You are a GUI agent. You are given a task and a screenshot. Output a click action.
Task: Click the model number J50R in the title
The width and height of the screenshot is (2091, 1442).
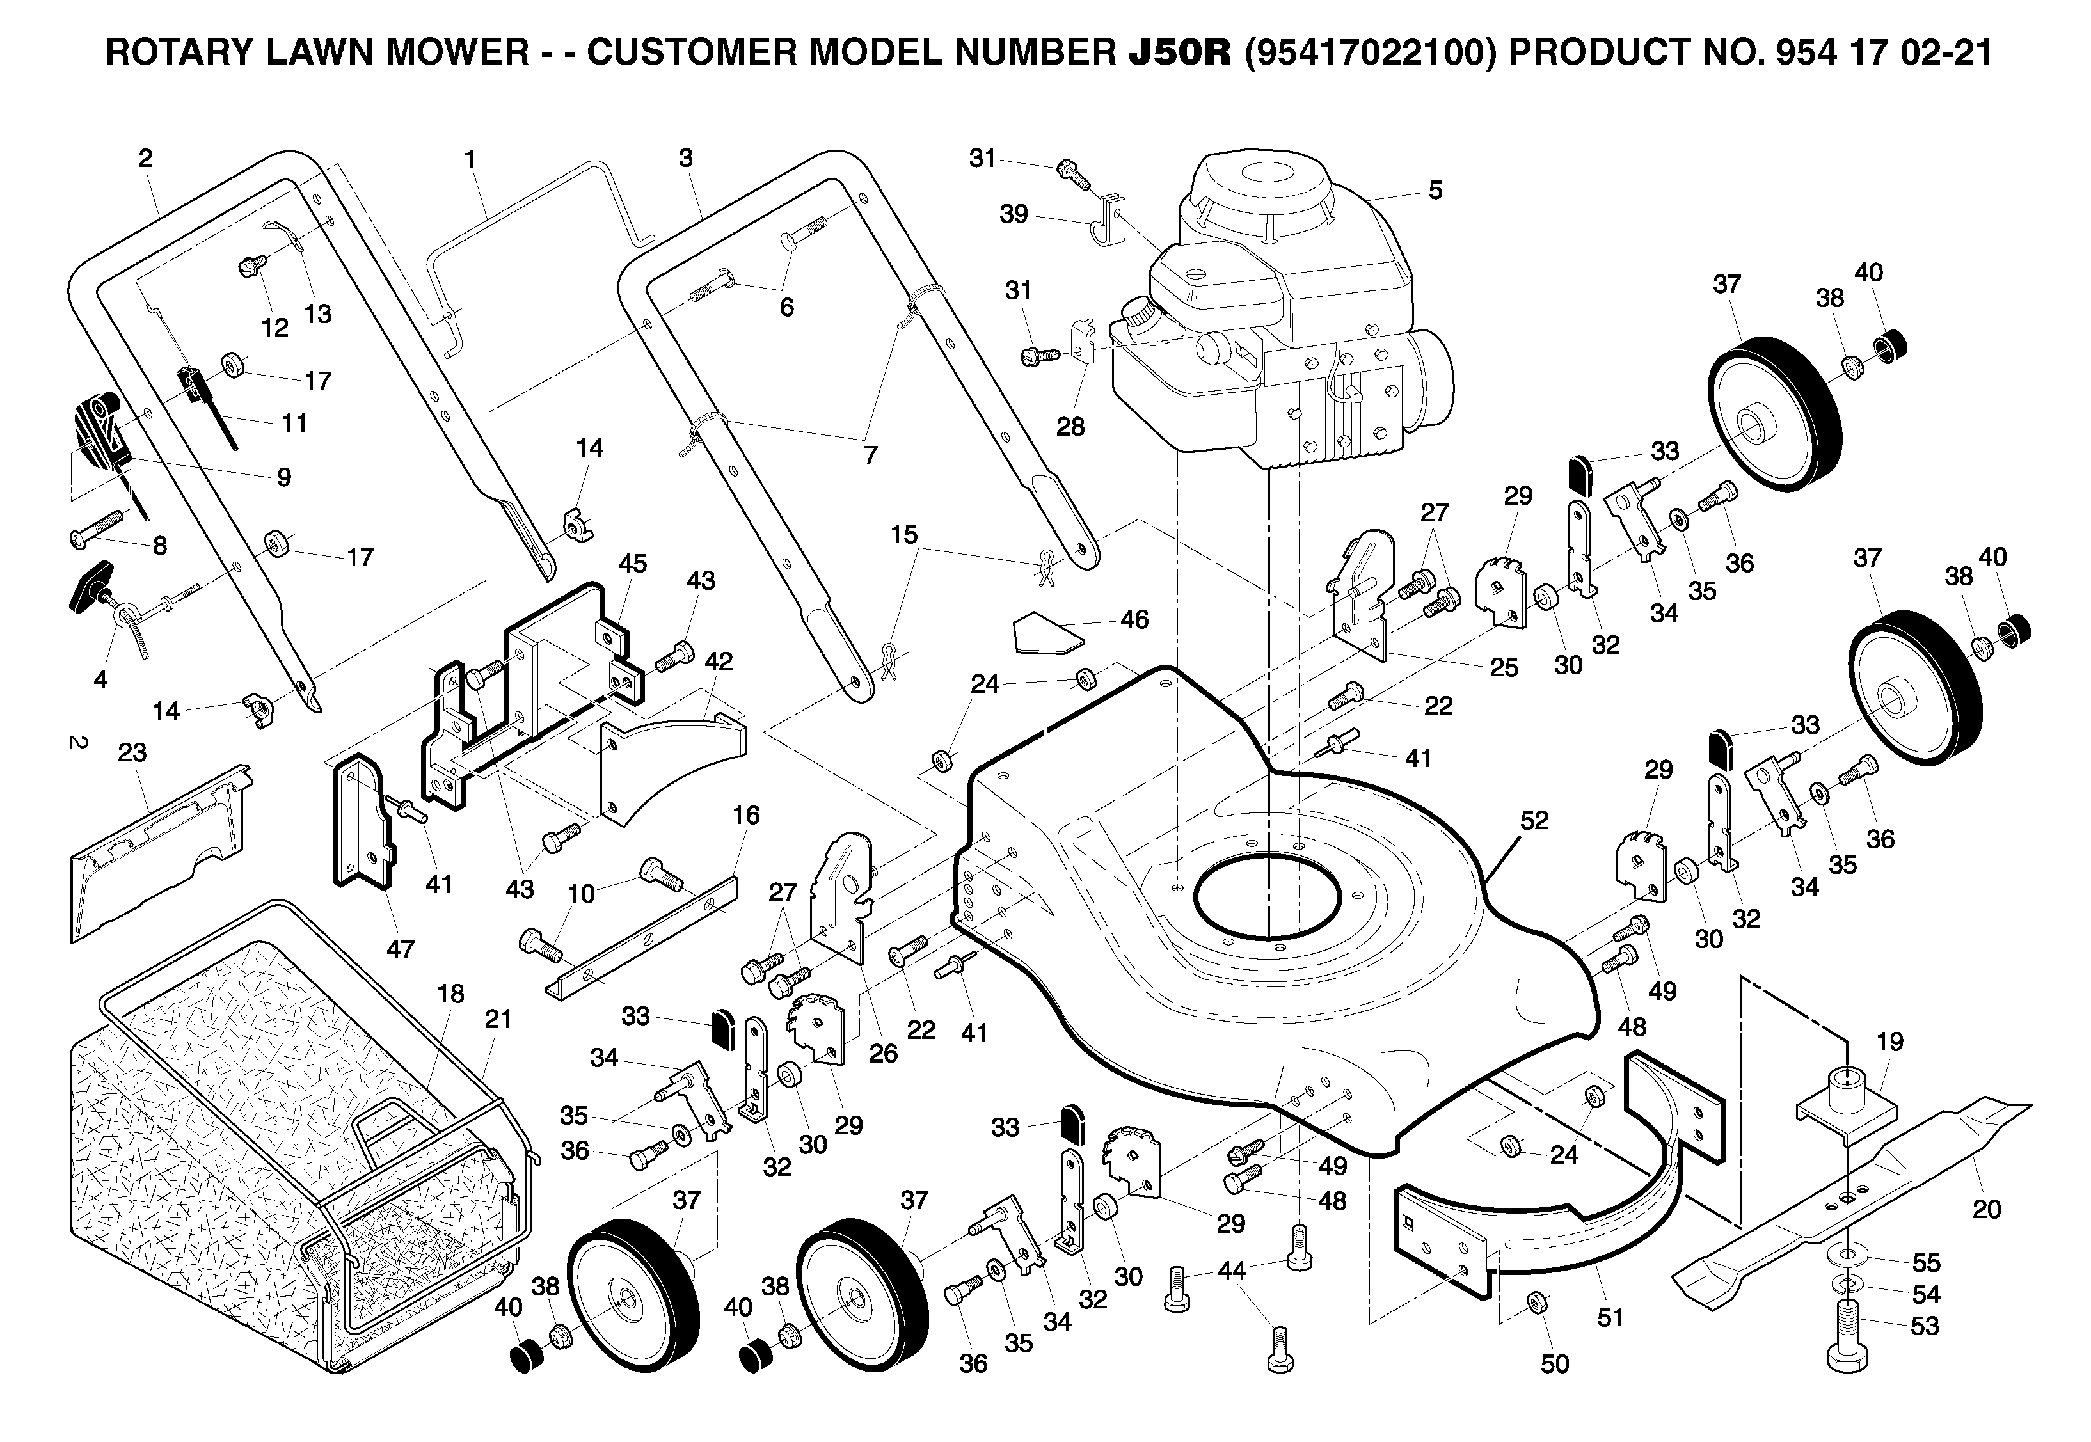coord(1180,53)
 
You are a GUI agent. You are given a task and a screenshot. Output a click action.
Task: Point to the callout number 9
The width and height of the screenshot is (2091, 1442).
coord(283,478)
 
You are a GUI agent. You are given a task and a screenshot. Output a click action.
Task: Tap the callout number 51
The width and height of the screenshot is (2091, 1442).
coord(1610,1317)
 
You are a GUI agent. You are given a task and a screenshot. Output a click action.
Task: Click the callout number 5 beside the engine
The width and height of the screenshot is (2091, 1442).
coord(1435,191)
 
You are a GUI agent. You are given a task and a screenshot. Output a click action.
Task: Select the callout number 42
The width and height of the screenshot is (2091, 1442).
coord(719,662)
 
